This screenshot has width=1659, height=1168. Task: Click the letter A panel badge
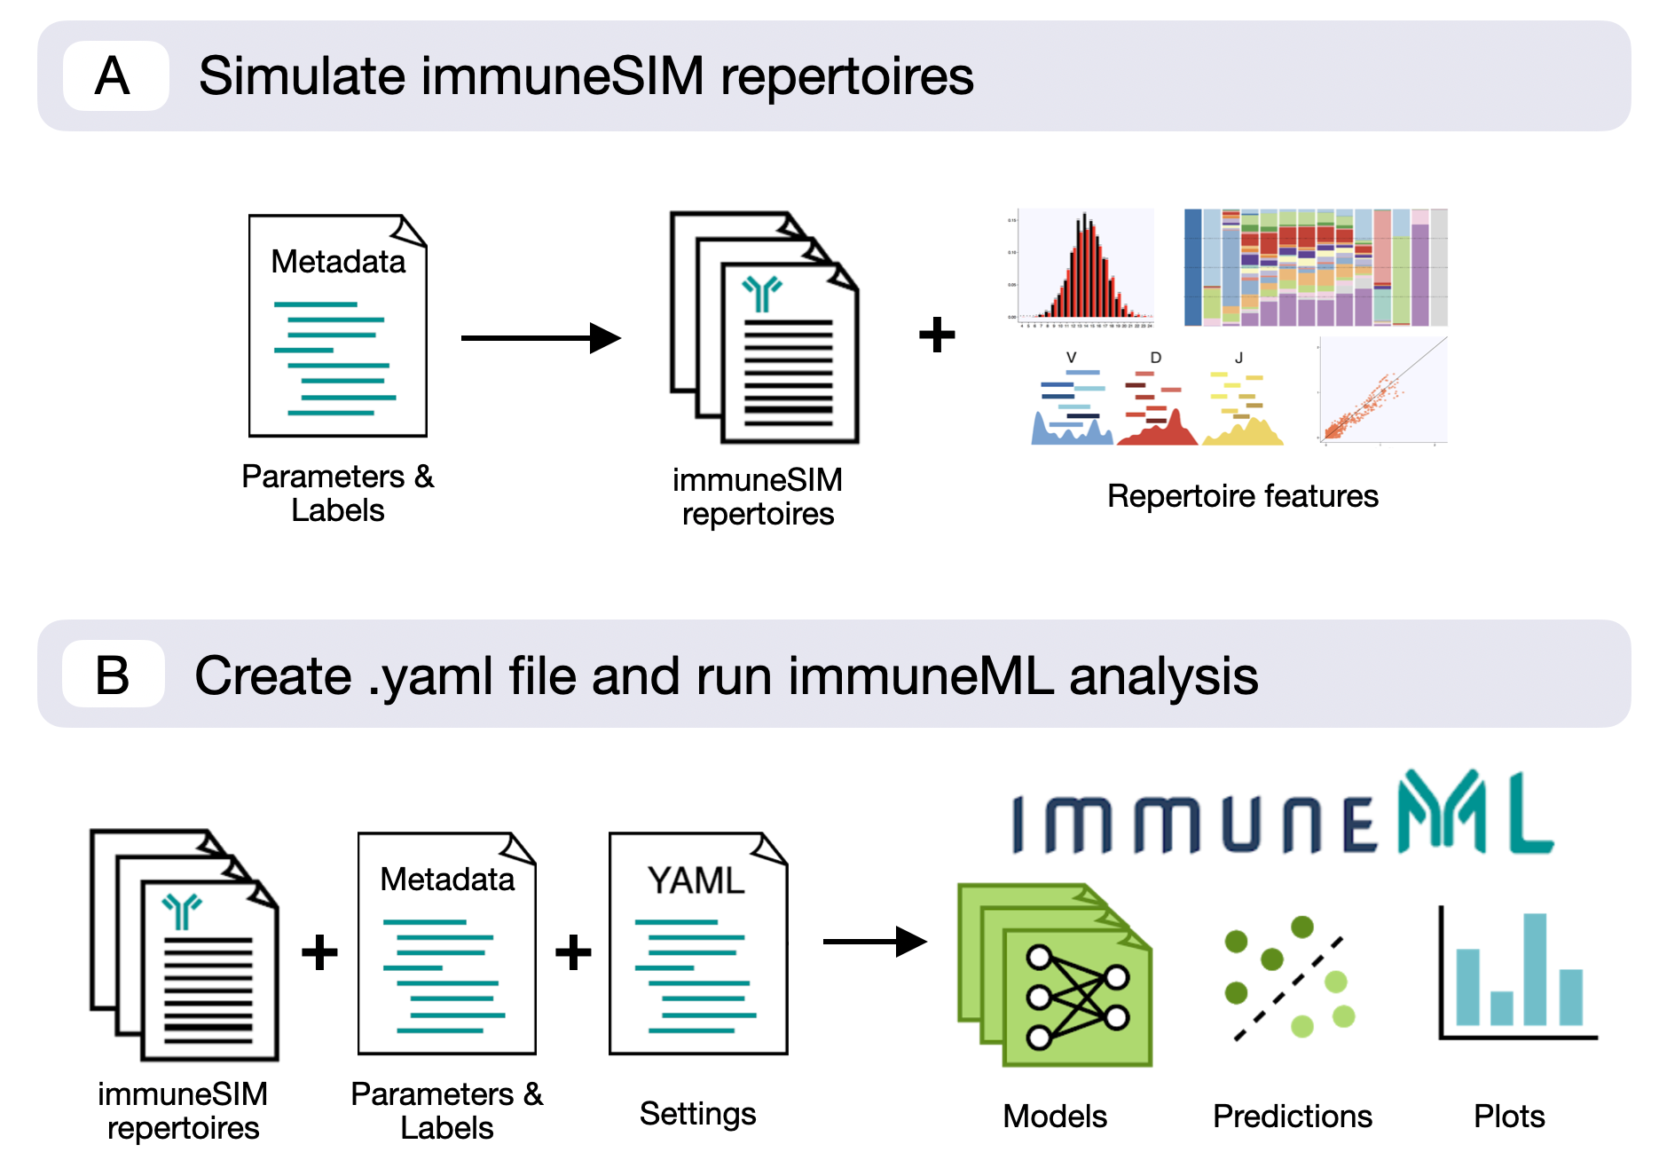(x=114, y=76)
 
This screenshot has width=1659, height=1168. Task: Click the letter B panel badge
(x=113, y=675)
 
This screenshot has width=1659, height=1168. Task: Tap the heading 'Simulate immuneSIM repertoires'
(x=586, y=76)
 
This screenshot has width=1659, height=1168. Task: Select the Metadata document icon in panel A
(x=337, y=326)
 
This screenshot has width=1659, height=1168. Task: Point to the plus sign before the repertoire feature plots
(x=937, y=335)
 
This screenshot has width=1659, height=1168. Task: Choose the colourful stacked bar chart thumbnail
(x=1316, y=267)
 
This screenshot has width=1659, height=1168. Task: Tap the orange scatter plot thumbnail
(x=1382, y=391)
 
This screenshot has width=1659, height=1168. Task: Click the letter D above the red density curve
(x=1155, y=358)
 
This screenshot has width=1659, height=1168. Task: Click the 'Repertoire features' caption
(x=1242, y=496)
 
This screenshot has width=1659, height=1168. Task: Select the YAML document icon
(x=698, y=943)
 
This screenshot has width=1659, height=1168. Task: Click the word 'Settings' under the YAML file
(x=697, y=1113)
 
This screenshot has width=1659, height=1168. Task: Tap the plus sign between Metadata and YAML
(x=573, y=952)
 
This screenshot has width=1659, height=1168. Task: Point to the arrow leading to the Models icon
(x=874, y=942)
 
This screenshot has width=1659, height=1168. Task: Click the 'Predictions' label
(x=1292, y=1116)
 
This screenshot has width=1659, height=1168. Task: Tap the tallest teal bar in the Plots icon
(x=1535, y=968)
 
